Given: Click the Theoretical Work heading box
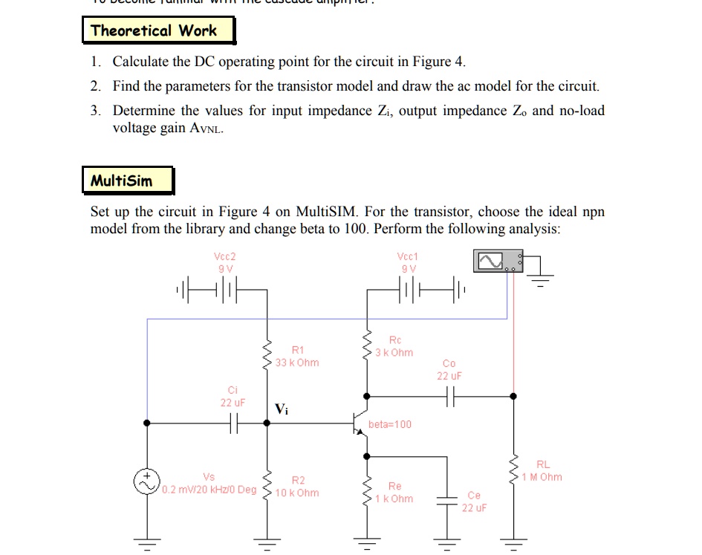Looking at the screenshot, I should click(157, 31).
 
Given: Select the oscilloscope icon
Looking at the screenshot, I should click(497, 261).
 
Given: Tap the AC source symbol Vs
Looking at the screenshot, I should click(146, 481).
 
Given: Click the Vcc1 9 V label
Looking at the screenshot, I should click(408, 262).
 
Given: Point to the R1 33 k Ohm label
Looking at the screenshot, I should click(296, 356).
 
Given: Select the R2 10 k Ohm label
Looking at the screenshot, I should click(296, 486).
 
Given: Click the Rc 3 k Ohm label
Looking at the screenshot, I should click(394, 345).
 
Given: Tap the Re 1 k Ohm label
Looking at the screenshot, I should click(394, 492).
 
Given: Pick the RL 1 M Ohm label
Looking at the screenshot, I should click(542, 470).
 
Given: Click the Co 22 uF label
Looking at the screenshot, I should click(449, 369).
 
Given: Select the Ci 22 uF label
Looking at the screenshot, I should click(233, 396).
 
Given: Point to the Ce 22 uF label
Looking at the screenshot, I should click(473, 502).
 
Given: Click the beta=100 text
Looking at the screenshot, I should click(389, 424).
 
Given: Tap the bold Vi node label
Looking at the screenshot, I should click(281, 409).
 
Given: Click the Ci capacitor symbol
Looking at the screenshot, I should click(233, 423).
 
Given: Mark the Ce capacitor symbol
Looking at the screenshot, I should click(448, 500).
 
